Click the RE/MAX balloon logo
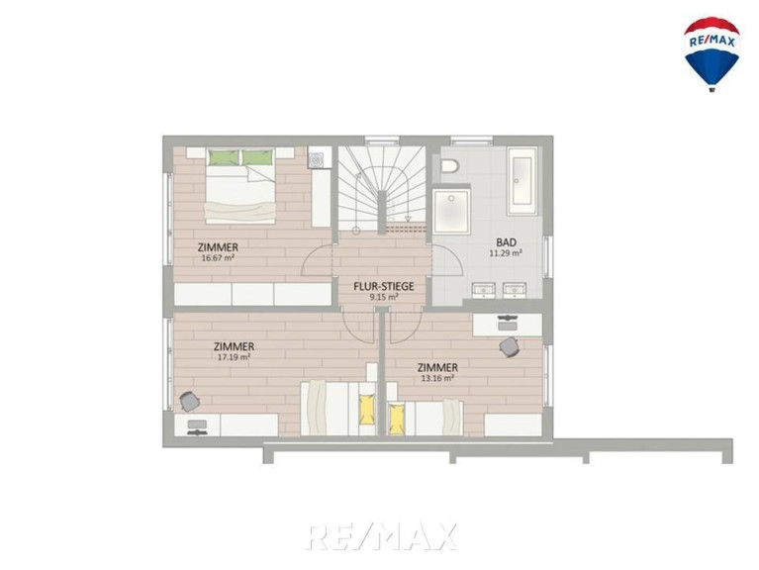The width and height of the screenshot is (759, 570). tap(712, 54)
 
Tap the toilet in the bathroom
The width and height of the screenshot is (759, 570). tap(449, 166)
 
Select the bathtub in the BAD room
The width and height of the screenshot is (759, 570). tap(522, 181)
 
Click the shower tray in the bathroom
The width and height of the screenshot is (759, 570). tap(451, 212)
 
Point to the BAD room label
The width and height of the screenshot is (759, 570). tap(506, 241)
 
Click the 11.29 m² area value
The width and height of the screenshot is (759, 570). tap(506, 252)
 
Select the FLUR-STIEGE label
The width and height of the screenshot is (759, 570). tap(384, 286)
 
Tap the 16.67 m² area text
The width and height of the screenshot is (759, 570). tap(218, 258)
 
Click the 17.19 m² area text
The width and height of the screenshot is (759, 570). tap(234, 357)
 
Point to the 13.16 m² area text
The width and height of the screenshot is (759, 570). tap(437, 378)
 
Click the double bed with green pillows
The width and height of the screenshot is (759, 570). tap(240, 186)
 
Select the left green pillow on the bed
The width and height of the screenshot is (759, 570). tap(224, 157)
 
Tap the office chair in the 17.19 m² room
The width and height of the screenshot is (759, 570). tap(189, 401)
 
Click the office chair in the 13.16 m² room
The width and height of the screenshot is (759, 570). tap(510, 346)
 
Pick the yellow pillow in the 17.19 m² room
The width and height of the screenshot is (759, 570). tap(367, 410)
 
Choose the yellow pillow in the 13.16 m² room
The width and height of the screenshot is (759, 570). tap(397, 418)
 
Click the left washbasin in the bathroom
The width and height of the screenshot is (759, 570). tap(483, 289)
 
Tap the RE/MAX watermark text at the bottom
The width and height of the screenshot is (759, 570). tap(381, 536)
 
